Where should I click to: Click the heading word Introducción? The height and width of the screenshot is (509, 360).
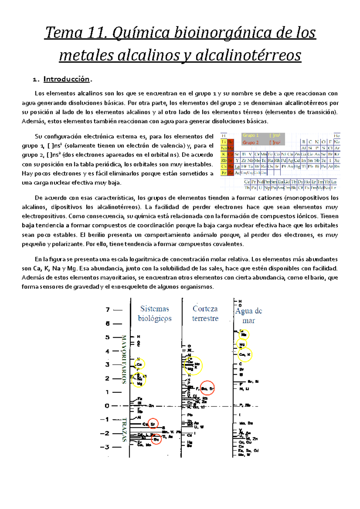click(66, 79)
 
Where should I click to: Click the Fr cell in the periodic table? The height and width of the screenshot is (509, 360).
click(224, 173)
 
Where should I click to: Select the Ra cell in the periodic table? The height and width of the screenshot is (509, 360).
click(230, 173)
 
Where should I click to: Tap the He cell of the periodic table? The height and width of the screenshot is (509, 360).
click(337, 136)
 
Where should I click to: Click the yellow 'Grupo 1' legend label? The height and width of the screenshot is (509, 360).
click(250, 135)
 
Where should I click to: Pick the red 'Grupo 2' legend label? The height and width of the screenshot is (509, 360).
click(250, 143)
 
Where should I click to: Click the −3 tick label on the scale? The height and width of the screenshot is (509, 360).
click(105, 447)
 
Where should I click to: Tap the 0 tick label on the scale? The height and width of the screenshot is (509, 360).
click(107, 406)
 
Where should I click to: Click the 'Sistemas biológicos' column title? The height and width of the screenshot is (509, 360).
click(155, 313)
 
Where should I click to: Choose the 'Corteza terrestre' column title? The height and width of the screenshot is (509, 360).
click(205, 313)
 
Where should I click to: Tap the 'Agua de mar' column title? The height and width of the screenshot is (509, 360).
click(249, 316)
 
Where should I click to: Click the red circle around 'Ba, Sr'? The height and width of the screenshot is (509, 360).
click(207, 388)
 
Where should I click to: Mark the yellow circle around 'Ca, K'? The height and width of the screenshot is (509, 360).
click(245, 355)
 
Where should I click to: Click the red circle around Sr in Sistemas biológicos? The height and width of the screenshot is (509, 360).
click(153, 424)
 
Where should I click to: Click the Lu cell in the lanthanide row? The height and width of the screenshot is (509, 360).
click(334, 182)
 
